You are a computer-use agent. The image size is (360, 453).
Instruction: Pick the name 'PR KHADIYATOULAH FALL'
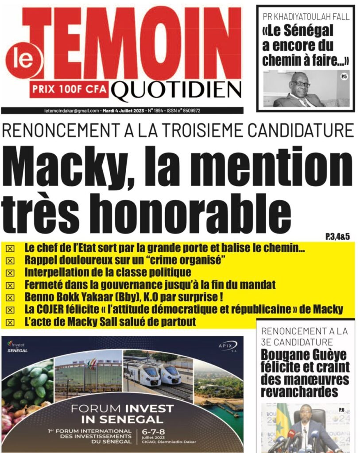[306, 17]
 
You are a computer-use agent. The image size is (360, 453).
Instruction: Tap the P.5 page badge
[344, 77]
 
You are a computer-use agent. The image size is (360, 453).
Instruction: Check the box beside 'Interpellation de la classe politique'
[9, 272]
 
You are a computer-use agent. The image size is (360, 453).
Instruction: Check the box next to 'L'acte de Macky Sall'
[9, 322]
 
